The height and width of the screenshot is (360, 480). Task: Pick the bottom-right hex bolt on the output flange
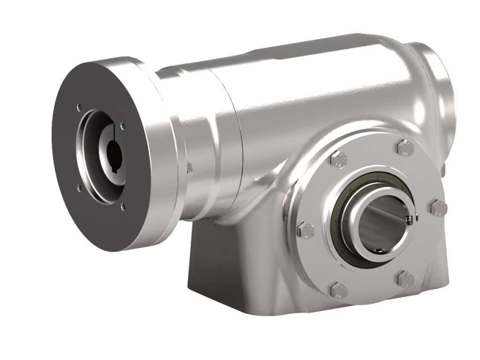coord(405,279)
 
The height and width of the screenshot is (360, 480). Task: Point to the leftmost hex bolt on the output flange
coord(305,230)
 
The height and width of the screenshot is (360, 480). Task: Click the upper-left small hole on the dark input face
coord(79,106)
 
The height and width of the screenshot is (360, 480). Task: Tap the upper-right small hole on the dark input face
coord(122,126)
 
